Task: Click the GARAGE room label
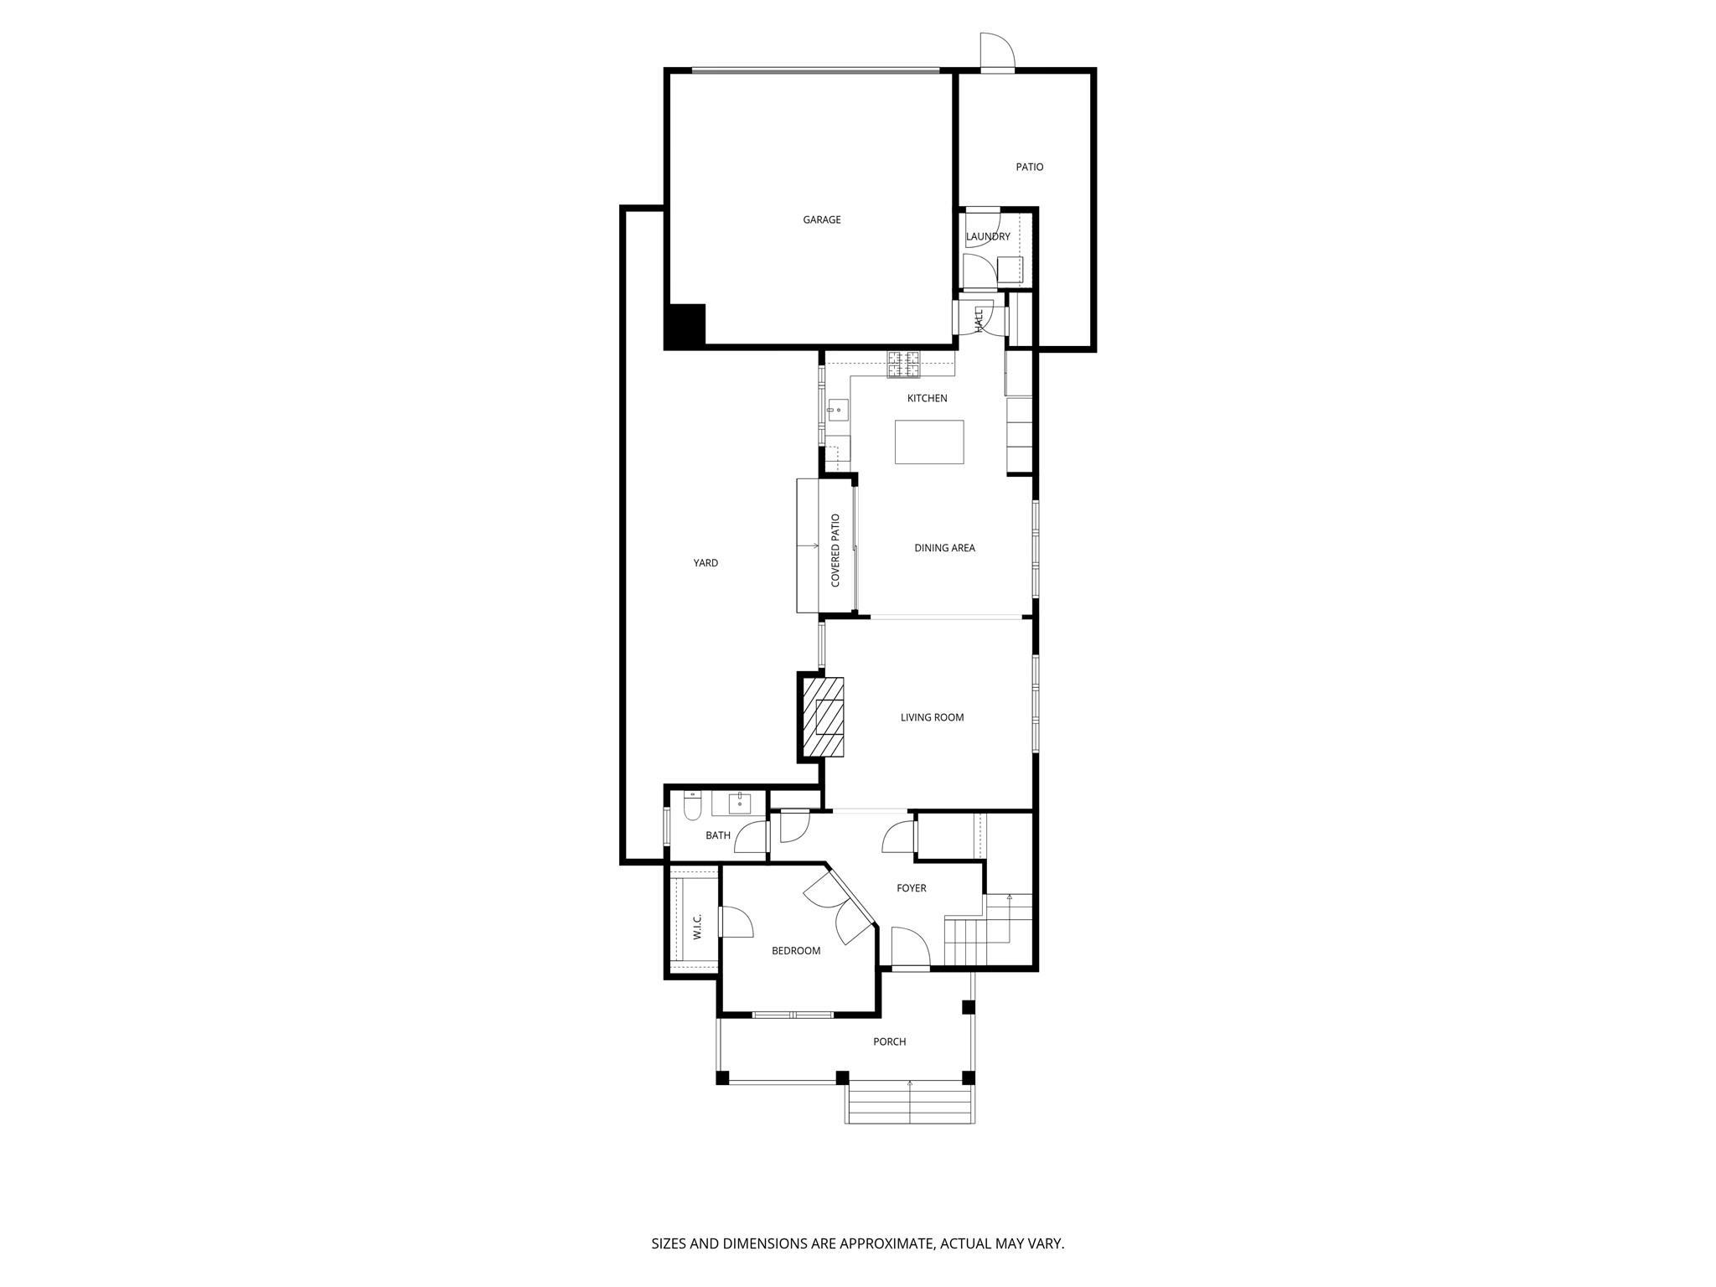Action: (821, 220)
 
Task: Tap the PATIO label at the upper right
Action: (1029, 167)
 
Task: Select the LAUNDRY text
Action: (987, 236)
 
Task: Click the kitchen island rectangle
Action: (928, 442)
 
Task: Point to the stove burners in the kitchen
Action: (903, 364)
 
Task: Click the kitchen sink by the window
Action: (836, 411)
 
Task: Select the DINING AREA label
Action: (944, 548)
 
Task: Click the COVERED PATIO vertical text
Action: (835, 550)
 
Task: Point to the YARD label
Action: (706, 563)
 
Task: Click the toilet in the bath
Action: (691, 806)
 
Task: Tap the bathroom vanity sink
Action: (740, 803)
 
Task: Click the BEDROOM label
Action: (795, 951)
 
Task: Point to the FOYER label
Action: (911, 888)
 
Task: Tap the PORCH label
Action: (889, 1041)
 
